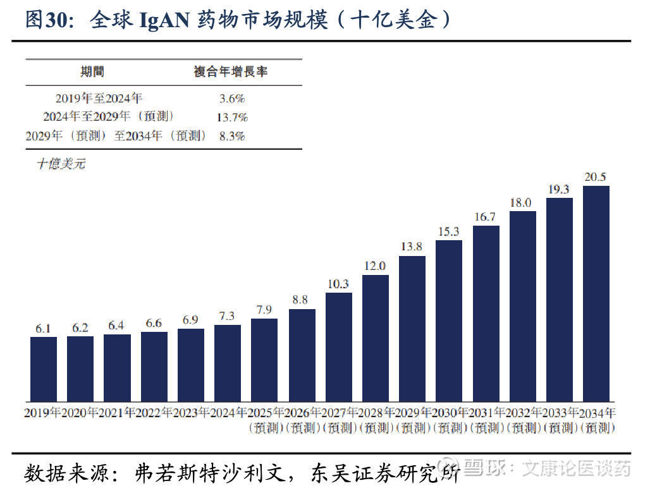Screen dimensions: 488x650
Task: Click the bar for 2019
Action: click(x=44, y=369)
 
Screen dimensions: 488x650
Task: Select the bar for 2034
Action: click(x=596, y=294)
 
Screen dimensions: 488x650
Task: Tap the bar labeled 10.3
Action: click(x=338, y=347)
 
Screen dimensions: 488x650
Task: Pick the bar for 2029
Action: click(x=412, y=329)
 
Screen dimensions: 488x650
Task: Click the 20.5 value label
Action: click(x=595, y=177)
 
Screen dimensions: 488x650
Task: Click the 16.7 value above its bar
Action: click(x=485, y=217)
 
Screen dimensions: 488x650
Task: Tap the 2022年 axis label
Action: click(x=154, y=413)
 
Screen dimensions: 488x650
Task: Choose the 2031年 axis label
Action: click(x=485, y=413)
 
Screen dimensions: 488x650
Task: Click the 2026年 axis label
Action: click(x=301, y=413)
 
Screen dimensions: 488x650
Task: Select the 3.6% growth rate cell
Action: click(x=231, y=99)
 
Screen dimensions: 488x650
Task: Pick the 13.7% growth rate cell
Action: click(x=231, y=117)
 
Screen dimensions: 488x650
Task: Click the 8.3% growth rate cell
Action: click(x=231, y=135)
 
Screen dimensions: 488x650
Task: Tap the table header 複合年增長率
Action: click(x=230, y=71)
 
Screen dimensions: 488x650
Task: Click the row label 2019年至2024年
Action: click(x=99, y=99)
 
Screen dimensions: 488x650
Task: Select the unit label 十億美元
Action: click(x=61, y=164)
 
